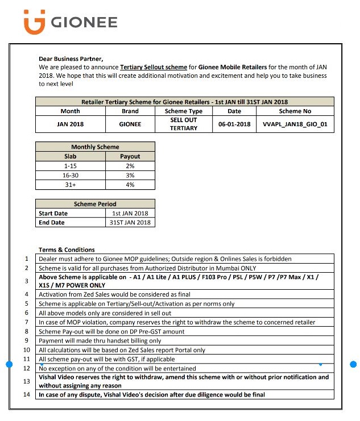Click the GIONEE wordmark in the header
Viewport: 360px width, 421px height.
click(84, 23)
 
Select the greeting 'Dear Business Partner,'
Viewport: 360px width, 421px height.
click(71, 59)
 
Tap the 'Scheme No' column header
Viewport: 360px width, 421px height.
click(295, 111)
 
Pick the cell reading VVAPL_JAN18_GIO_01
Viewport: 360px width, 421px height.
click(295, 124)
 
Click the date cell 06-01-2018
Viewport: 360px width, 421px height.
click(234, 124)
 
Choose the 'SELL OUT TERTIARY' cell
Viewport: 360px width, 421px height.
click(183, 124)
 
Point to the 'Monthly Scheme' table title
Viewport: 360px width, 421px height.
click(95, 147)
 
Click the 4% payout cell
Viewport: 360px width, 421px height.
click(130, 185)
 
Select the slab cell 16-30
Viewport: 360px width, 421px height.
click(71, 176)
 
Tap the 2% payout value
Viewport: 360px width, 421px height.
click(130, 166)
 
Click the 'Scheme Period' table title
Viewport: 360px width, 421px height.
click(95, 204)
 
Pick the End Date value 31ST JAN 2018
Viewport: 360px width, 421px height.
click(130, 223)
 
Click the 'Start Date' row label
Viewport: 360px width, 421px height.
click(53, 214)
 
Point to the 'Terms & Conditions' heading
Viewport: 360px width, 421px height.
click(67, 249)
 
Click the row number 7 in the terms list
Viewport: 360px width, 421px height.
click(27, 322)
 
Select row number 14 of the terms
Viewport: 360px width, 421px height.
click(27, 394)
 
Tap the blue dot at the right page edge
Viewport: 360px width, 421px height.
click(353, 364)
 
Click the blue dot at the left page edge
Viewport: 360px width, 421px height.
click(9, 364)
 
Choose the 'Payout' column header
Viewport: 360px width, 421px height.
click(130, 156)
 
